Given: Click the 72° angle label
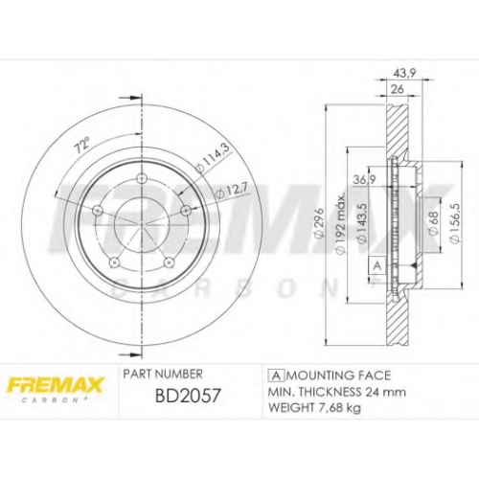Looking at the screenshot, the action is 81,146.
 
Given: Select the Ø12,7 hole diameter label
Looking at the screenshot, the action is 231,193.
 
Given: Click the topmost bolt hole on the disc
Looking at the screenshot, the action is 141,179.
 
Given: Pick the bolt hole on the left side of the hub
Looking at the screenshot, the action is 98,210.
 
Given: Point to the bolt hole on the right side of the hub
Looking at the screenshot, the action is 186,211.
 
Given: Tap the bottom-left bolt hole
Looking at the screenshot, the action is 114,262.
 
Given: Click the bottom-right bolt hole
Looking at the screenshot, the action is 169,262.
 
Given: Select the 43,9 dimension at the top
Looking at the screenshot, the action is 403,74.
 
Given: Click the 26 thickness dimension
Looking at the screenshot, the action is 398,89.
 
